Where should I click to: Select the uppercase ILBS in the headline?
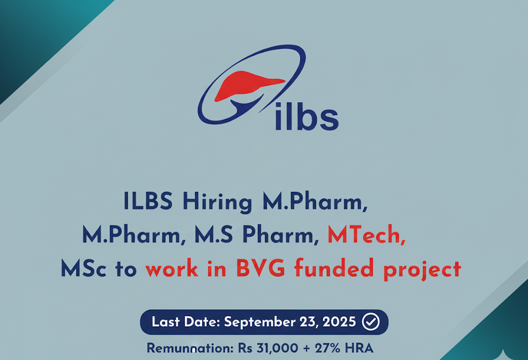(148, 201)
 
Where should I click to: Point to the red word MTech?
(367, 235)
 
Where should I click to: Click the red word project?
(422, 270)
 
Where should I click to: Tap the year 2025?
(339, 322)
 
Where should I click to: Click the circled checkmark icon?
(371, 322)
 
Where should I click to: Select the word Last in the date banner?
(166, 322)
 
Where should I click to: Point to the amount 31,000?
(277, 348)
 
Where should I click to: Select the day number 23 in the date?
(307, 322)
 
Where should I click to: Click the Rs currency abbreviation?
(245, 348)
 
